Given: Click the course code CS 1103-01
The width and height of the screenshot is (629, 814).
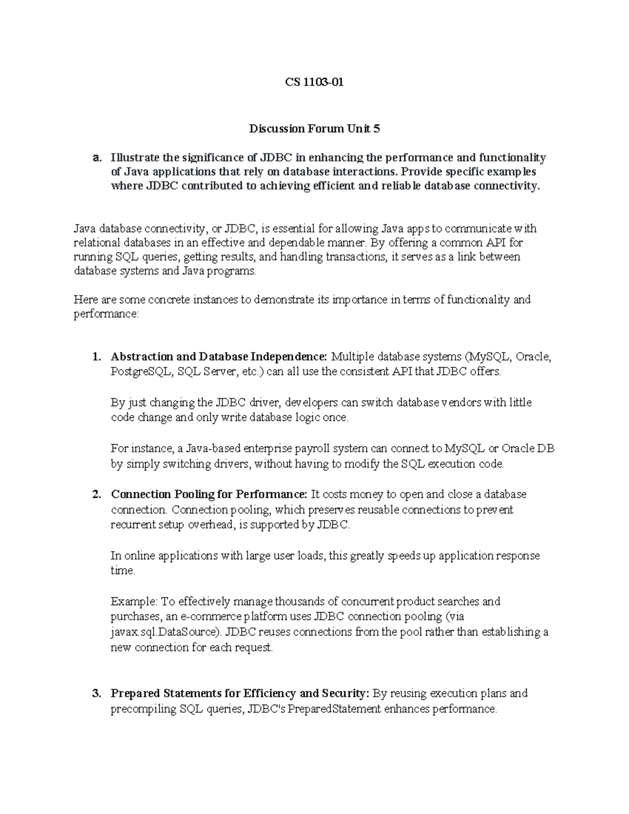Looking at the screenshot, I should (314, 82).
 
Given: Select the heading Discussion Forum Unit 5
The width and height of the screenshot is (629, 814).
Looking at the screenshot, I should (314, 128).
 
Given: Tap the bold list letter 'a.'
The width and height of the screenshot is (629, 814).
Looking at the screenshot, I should (96, 158).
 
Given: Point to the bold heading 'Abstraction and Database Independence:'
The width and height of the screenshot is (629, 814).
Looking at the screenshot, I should (219, 357).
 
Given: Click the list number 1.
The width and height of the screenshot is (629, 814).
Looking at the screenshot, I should (96, 357).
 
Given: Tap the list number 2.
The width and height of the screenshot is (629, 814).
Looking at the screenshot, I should (96, 494).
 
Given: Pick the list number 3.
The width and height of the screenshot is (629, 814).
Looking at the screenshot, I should (96, 693).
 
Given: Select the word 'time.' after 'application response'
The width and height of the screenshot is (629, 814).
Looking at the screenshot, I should (123, 571).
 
